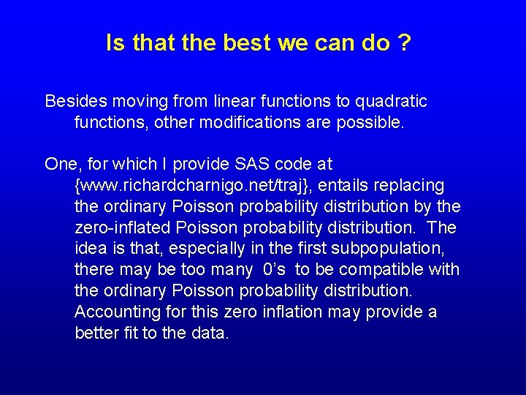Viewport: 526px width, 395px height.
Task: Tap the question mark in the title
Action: pyautogui.click(x=404, y=43)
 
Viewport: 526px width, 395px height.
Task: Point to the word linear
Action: pyautogui.click(x=233, y=101)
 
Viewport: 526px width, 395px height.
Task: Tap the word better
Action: pyautogui.click(x=96, y=334)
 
